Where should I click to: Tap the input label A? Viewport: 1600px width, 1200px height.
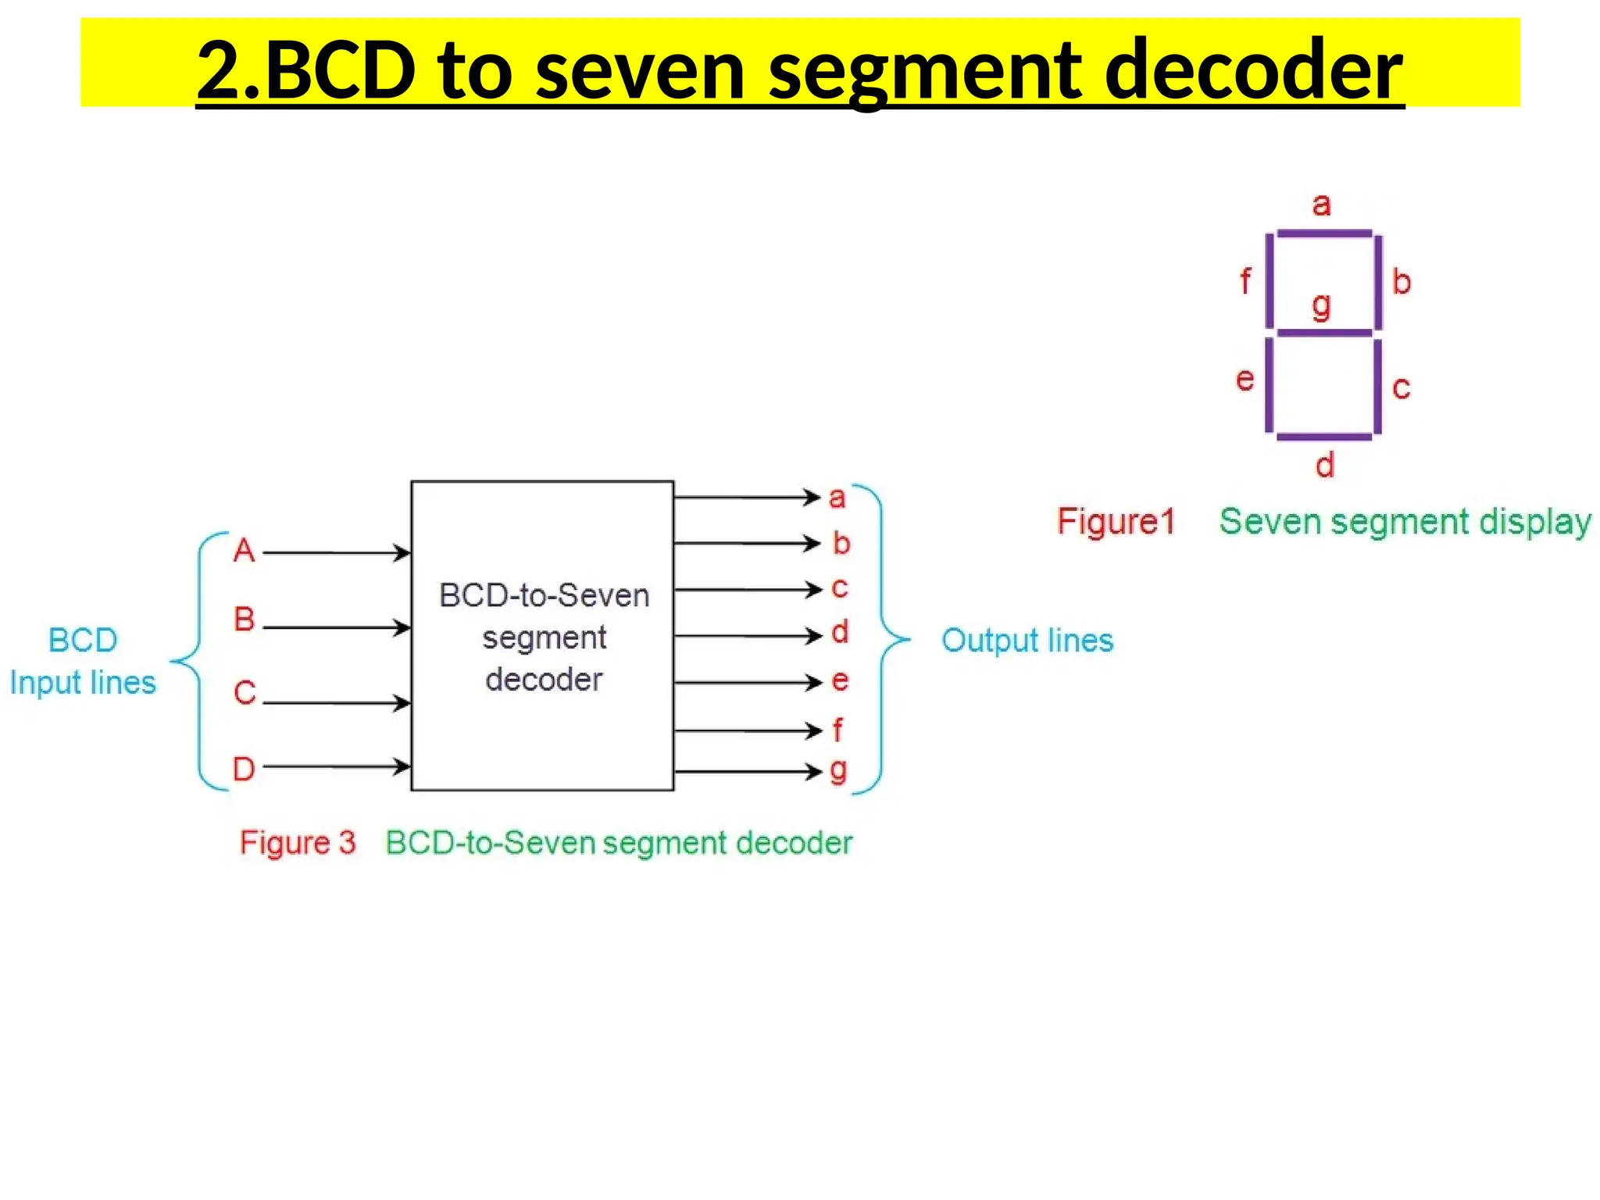click(244, 551)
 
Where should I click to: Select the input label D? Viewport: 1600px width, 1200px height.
click(244, 770)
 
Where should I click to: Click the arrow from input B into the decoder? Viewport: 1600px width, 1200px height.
click(337, 627)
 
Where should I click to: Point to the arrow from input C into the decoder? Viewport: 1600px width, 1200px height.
click(337, 703)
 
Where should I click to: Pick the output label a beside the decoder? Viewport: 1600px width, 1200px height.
click(837, 498)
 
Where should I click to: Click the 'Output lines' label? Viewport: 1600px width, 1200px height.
click(1027, 641)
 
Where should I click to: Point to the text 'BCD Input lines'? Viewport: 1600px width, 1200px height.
click(83, 661)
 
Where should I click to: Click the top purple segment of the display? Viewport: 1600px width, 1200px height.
click(1323, 234)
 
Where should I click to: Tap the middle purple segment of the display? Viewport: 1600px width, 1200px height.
click(1323, 334)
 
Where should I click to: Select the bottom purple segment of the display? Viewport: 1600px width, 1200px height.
click(1323, 437)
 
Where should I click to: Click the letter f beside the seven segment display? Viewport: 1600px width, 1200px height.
click(1245, 281)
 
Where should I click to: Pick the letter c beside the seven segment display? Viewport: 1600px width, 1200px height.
click(1402, 387)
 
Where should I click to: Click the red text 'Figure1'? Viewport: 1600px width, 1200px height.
click(1116, 522)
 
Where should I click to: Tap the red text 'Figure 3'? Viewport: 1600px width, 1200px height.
click(298, 843)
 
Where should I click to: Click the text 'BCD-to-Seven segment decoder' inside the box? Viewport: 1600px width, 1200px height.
click(544, 637)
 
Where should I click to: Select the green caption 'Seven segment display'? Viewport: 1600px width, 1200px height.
click(1405, 522)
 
